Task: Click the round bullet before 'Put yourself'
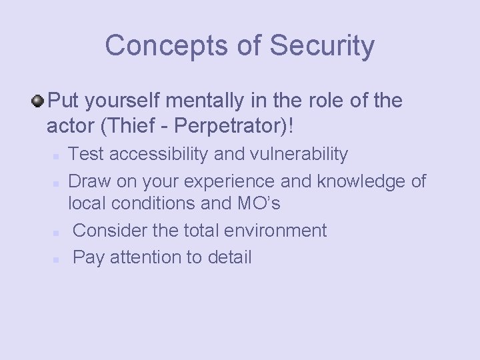38,101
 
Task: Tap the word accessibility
157,155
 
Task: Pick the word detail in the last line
229,257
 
